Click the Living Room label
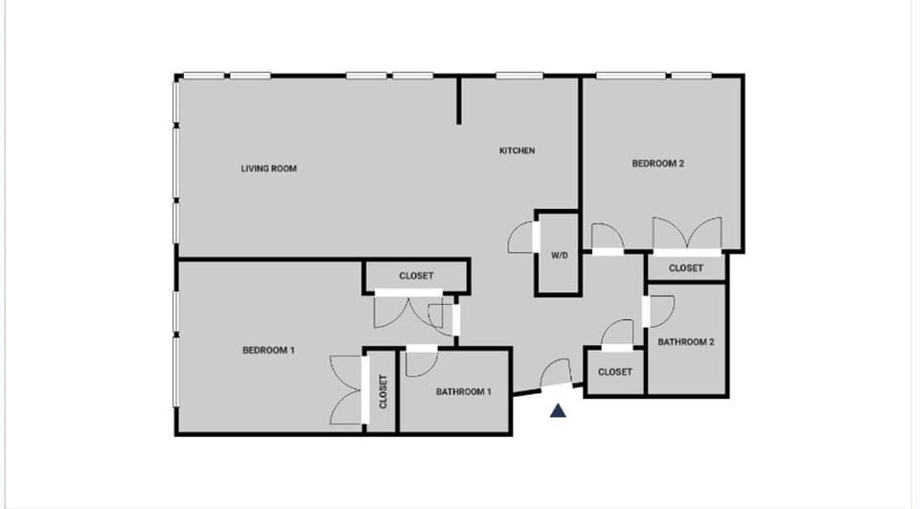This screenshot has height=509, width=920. click(268, 169)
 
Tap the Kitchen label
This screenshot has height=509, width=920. click(517, 150)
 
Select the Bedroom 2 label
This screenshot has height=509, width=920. click(657, 163)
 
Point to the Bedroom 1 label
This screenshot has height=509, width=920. click(268, 350)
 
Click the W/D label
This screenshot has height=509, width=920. click(559, 256)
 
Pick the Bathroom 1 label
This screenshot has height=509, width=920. click(464, 391)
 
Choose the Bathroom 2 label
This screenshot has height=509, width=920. click(685, 341)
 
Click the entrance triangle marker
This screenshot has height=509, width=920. click(558, 411)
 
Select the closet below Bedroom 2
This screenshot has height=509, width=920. click(685, 268)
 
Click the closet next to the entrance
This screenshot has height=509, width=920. click(614, 372)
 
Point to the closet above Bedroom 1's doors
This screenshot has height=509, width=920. click(416, 276)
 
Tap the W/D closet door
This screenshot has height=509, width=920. click(523, 238)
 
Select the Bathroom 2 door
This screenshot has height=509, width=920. click(659, 311)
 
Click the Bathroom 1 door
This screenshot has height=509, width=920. click(420, 361)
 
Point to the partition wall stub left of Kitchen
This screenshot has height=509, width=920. click(459, 100)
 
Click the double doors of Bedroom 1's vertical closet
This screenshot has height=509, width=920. click(346, 390)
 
